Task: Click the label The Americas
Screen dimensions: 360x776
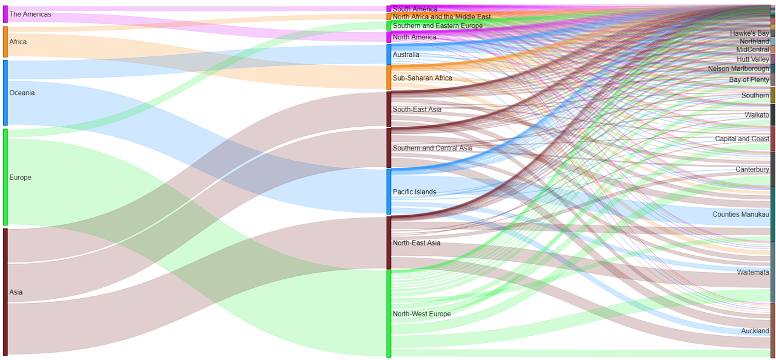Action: [30, 14]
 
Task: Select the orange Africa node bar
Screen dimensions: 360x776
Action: [5, 42]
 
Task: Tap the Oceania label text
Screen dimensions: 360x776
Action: [22, 93]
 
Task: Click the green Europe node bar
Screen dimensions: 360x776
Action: [5, 177]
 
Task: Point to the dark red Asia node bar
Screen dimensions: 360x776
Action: [5, 292]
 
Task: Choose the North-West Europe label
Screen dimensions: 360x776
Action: [421, 314]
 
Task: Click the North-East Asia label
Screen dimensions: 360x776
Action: [416, 243]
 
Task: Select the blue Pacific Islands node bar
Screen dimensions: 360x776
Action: [389, 192]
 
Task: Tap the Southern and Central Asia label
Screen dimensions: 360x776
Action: [432, 148]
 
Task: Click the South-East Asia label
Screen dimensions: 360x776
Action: [417, 110]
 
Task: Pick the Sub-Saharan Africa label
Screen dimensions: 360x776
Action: [422, 78]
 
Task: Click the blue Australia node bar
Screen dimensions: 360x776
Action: [389, 55]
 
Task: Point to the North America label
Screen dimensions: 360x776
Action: [414, 38]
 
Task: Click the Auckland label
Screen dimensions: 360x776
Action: [755, 331]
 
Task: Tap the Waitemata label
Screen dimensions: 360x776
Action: [753, 272]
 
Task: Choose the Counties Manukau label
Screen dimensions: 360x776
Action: [740, 215]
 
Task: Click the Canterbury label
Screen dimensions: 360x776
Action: [752, 169]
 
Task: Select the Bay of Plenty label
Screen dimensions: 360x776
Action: [749, 80]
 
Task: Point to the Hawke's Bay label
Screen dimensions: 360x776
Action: [749, 33]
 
